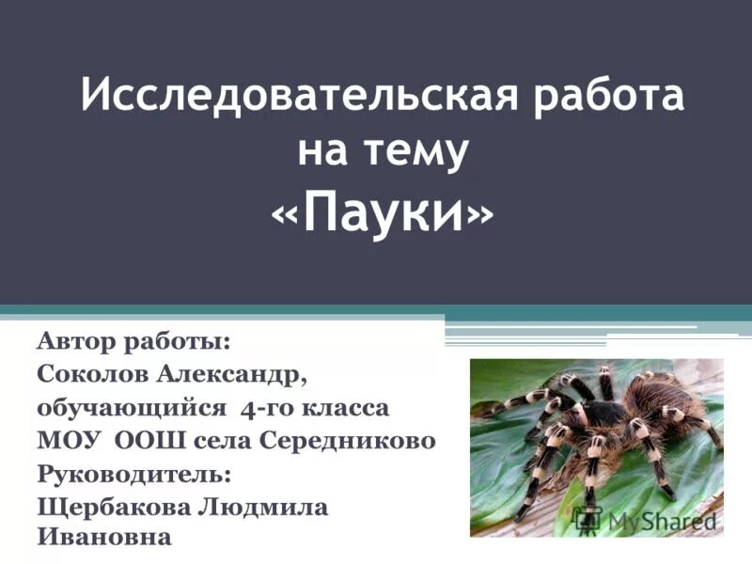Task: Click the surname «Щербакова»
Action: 111,507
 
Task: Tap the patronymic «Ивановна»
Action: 104,539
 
